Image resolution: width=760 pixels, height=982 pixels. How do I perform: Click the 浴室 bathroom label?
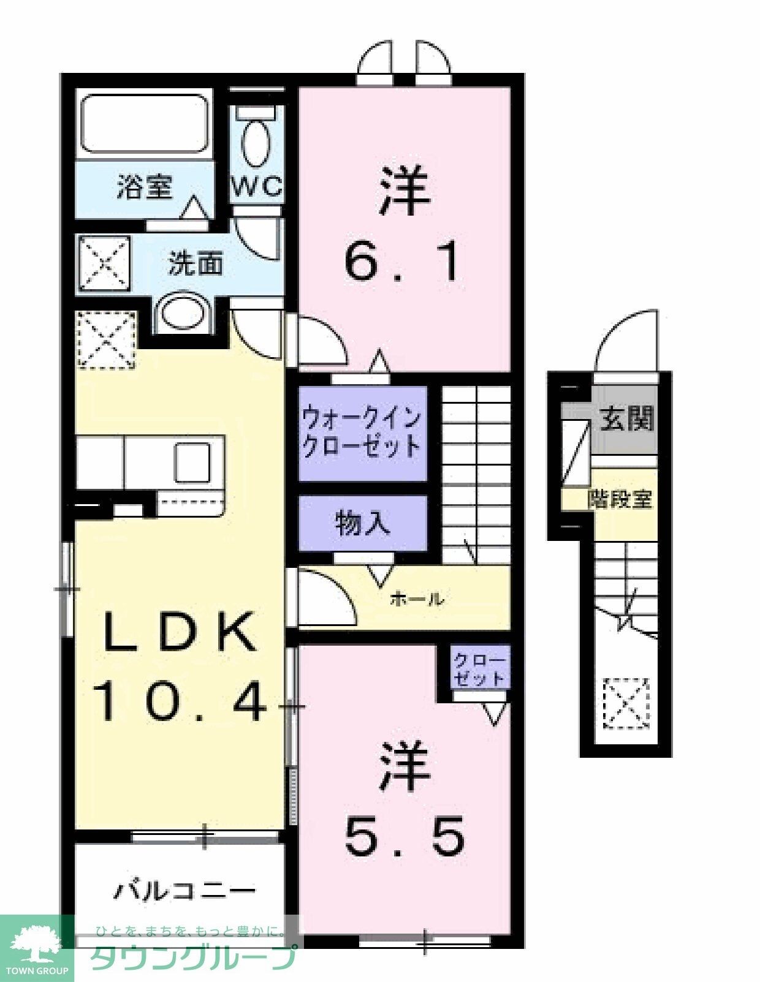coord(145,186)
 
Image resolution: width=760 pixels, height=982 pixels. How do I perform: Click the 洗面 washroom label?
coord(196,264)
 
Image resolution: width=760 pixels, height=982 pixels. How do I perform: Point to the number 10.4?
coord(180,702)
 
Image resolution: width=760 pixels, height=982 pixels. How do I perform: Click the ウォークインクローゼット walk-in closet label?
coord(362,432)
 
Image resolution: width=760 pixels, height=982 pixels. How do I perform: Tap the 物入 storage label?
coord(362,523)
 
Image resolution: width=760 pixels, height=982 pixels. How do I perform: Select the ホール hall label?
coord(417,599)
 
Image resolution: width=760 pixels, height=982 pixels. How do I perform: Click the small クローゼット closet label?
coord(479,670)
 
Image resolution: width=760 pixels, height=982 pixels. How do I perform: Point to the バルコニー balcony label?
coord(184,889)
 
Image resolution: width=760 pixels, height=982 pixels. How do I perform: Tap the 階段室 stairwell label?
coord(620,499)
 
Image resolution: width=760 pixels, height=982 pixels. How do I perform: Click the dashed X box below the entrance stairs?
coord(626,703)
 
